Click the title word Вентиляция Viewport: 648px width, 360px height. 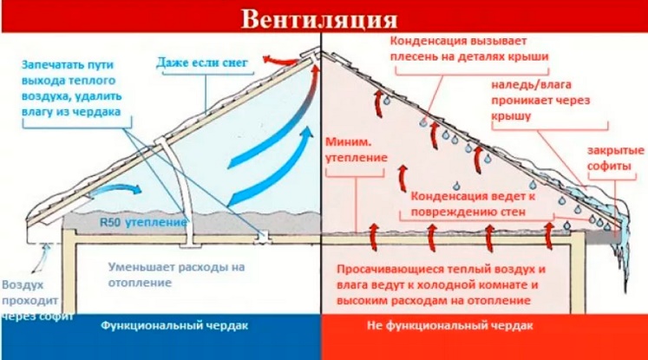(321, 17)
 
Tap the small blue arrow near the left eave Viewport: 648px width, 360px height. (112, 188)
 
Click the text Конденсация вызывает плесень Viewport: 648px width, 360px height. (474, 49)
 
